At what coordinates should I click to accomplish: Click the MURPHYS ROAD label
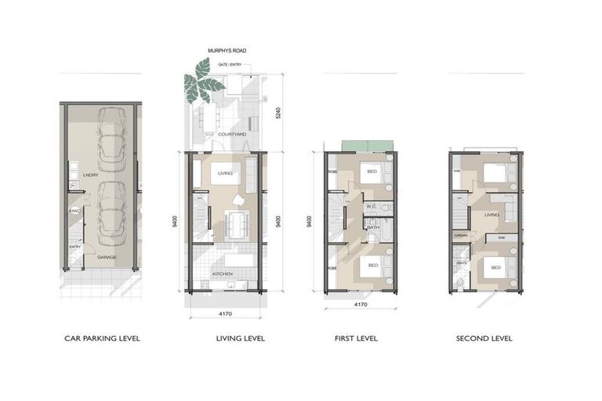coord(227,51)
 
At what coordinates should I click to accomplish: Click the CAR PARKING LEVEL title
coord(102,339)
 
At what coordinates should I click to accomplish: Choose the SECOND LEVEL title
coord(484,339)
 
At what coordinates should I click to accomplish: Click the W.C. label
coord(372,207)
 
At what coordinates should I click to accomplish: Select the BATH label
coord(373,227)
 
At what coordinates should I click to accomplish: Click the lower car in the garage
coord(113,211)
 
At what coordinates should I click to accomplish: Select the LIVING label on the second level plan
coord(492,213)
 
